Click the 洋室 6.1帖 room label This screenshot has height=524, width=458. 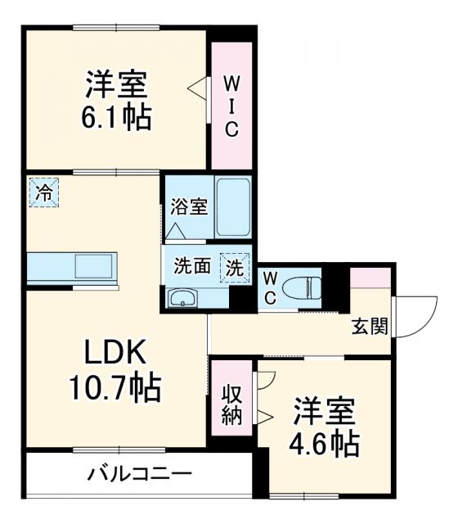tap(117, 100)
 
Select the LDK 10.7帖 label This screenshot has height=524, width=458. tap(117, 368)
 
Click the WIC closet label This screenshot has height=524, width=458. tap(231, 106)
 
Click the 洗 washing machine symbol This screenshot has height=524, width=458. tap(234, 266)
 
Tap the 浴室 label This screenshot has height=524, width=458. tap(188, 206)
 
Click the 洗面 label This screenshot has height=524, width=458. tap(192, 266)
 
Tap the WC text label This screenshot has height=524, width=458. tap(270, 287)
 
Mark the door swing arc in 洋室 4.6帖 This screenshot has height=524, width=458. tap(267, 379)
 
